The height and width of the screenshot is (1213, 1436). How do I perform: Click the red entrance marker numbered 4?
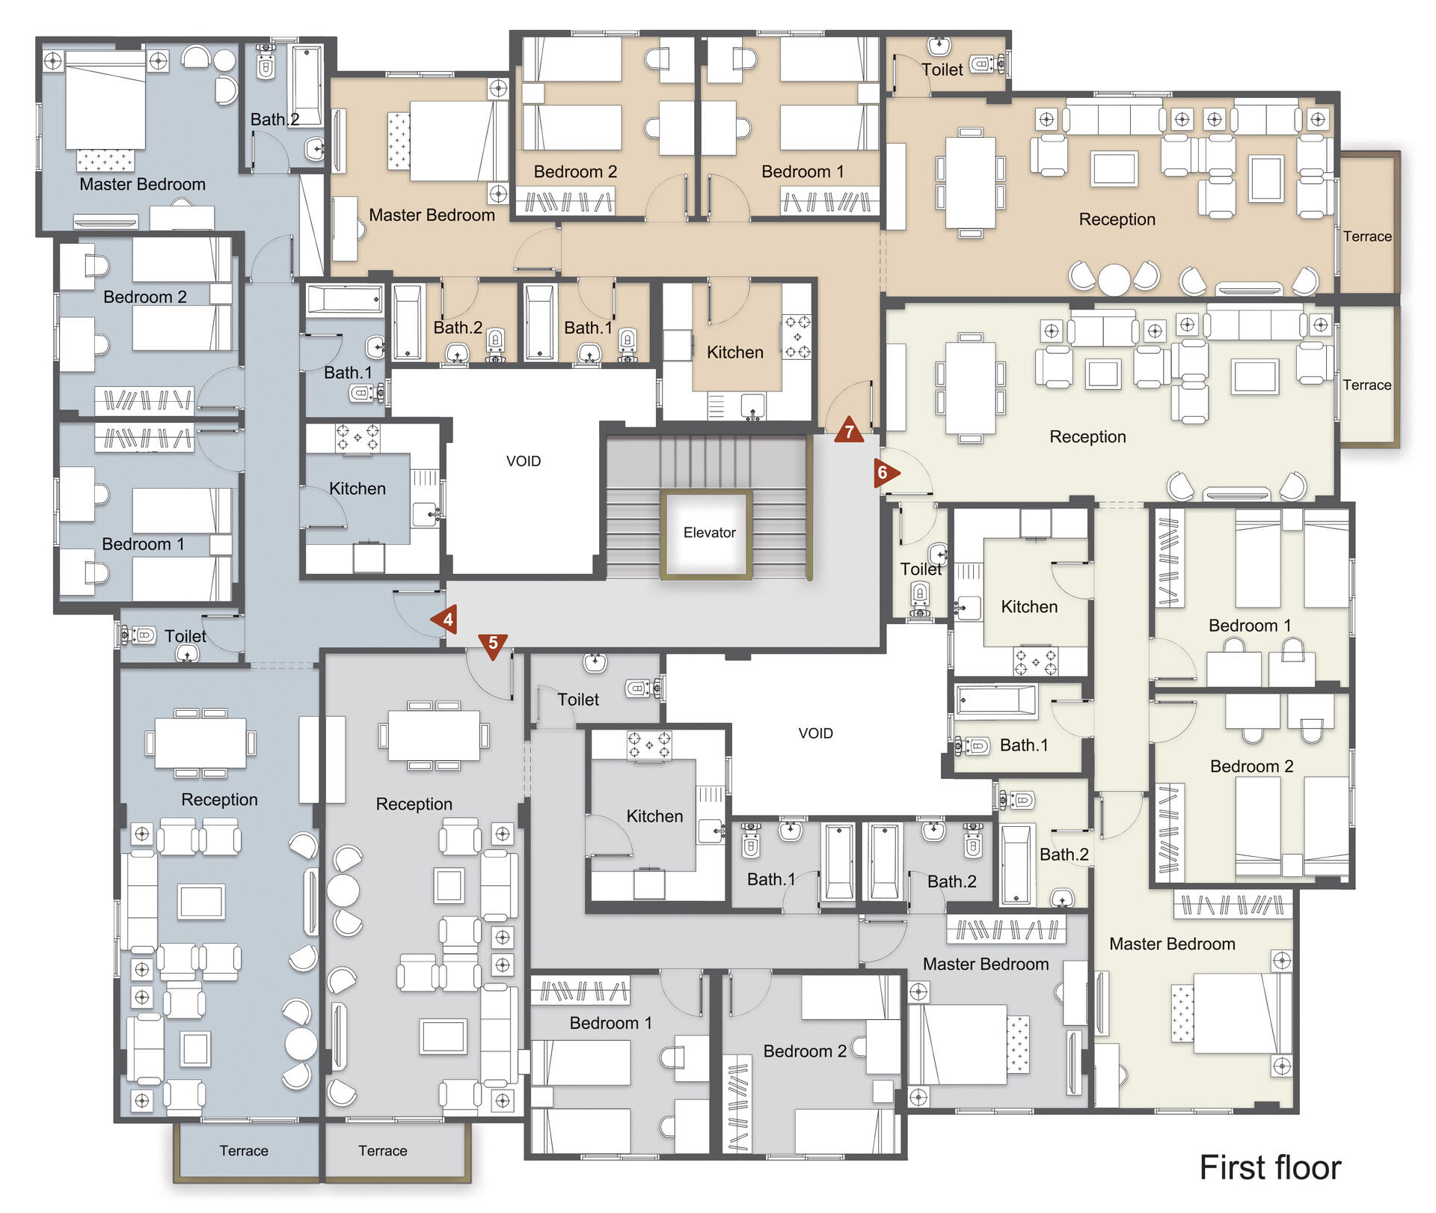[445, 620]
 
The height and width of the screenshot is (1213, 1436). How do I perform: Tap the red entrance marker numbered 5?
[493, 645]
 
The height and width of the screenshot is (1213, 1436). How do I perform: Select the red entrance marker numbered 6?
[886, 473]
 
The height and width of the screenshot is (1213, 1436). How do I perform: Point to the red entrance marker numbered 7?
[849, 430]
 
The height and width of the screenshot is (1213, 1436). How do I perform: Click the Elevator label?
[709, 533]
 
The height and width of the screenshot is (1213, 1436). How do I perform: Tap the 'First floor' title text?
[1270, 1167]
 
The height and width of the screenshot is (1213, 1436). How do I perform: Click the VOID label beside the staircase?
[524, 461]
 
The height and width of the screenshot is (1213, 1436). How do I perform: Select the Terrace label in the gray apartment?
[382, 1151]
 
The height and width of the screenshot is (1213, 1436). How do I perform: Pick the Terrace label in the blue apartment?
[244, 1151]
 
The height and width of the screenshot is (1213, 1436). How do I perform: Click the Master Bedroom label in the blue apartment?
[142, 184]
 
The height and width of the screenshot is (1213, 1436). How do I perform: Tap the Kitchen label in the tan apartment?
[735, 352]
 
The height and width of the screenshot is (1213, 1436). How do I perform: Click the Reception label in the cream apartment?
[1087, 436]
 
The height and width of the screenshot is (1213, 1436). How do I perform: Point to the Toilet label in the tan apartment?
[942, 70]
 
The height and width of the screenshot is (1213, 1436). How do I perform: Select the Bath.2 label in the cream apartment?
[1064, 855]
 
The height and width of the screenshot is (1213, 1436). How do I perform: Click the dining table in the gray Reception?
[434, 736]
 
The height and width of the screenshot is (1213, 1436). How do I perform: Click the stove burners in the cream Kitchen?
[1036, 661]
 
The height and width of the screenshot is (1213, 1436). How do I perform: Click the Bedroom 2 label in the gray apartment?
[805, 1051]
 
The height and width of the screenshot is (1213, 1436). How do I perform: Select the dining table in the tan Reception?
[970, 182]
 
